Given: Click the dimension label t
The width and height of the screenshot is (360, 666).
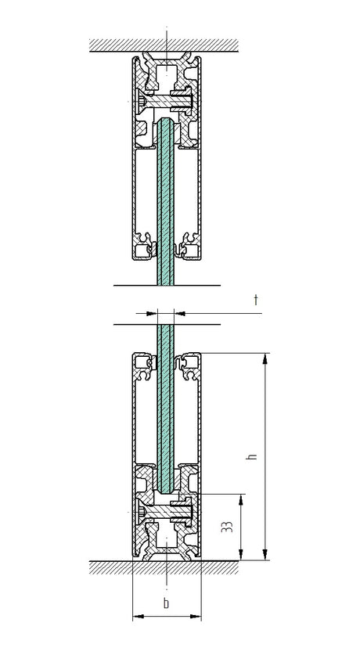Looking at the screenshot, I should coord(256,299).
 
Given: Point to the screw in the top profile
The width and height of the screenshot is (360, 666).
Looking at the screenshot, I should coord(167,100).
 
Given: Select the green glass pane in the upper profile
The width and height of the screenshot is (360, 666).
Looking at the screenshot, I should coord(166,203).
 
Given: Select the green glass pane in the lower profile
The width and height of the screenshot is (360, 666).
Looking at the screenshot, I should coord(166,407).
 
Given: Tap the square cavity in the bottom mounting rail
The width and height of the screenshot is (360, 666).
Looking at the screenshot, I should coord(167,539).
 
